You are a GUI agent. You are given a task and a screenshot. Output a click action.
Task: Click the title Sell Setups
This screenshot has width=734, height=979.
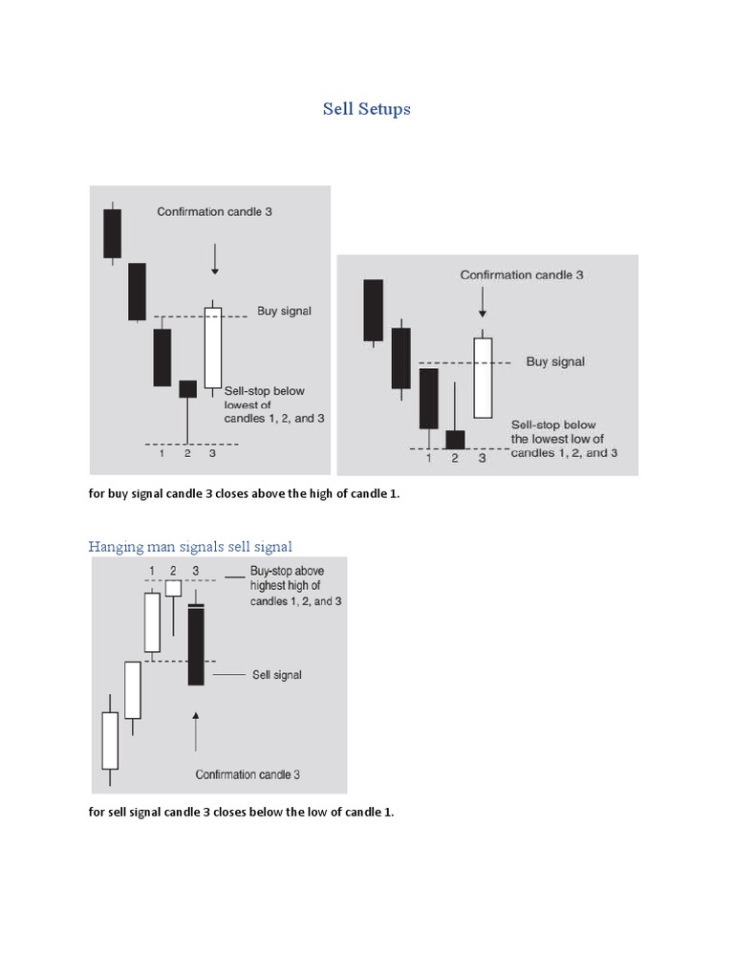tap(366, 109)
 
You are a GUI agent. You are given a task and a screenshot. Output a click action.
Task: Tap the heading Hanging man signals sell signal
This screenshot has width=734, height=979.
tap(190, 547)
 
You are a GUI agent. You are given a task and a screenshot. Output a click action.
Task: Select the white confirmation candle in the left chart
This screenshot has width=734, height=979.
tap(212, 346)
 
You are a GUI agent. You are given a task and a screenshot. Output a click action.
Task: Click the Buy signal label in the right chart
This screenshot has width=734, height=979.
tap(555, 362)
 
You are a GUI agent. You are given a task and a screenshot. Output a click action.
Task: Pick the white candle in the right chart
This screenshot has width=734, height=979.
tap(484, 377)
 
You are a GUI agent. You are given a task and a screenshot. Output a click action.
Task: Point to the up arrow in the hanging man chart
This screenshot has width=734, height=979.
tap(195, 732)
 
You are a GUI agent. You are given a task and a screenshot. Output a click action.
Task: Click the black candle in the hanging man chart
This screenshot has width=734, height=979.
tap(196, 645)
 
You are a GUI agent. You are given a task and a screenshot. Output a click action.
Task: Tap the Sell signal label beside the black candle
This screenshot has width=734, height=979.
tap(276, 675)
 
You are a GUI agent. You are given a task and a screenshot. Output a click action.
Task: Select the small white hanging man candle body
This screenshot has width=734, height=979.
tap(173, 588)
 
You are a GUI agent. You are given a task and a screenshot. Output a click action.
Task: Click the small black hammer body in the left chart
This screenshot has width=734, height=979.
tap(187, 388)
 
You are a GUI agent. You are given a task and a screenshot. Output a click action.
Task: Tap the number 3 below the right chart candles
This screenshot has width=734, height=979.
tap(482, 459)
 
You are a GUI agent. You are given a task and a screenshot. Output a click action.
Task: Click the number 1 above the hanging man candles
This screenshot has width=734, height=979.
tap(152, 571)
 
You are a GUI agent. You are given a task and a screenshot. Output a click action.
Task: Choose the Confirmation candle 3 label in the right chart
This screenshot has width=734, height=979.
tap(522, 275)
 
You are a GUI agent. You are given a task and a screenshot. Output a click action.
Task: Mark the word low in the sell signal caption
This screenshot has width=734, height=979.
tap(315, 812)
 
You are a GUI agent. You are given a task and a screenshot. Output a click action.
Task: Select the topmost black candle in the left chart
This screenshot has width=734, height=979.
tap(113, 233)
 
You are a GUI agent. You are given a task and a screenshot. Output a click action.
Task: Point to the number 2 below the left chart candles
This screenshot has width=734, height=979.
tap(187, 453)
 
